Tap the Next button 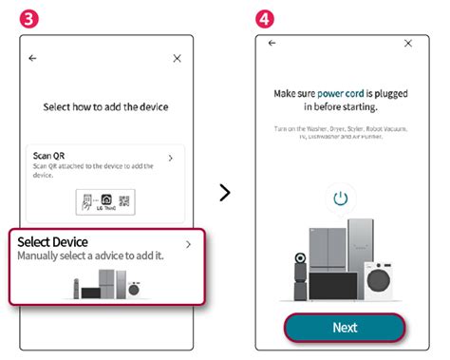point(345,327)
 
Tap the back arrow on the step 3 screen point(33,58)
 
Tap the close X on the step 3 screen point(177,58)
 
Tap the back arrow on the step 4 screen point(272,44)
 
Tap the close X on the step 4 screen point(408,44)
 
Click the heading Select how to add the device point(105,108)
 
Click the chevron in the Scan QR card point(170,158)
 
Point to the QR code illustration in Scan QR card point(125,200)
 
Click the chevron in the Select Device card point(188,244)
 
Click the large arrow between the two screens point(225,193)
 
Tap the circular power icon point(341,199)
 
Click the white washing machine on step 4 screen point(383,282)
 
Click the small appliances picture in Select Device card point(105,287)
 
